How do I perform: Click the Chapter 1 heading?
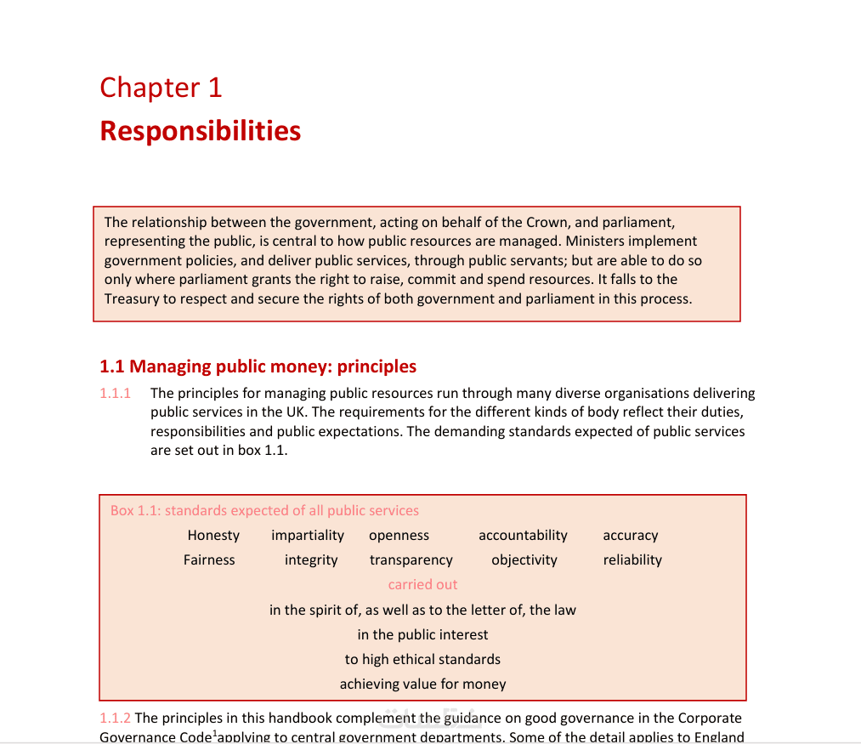161,88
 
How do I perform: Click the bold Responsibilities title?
201,131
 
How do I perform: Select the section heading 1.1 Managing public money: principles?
258,366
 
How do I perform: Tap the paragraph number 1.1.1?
116,394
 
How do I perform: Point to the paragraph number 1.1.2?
116,718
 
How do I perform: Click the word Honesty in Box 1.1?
213,536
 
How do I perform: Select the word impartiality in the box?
308,536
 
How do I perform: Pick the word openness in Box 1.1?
399,536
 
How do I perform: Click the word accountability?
523,536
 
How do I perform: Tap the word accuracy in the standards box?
631,536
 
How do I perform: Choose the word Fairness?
209,560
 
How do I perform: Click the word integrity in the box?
311,560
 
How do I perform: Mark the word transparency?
411,560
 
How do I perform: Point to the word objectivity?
524,560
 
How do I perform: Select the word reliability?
632,560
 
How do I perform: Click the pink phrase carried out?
422,585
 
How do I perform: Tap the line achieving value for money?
422,684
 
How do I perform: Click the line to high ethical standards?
422,660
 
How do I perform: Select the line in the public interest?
422,635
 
